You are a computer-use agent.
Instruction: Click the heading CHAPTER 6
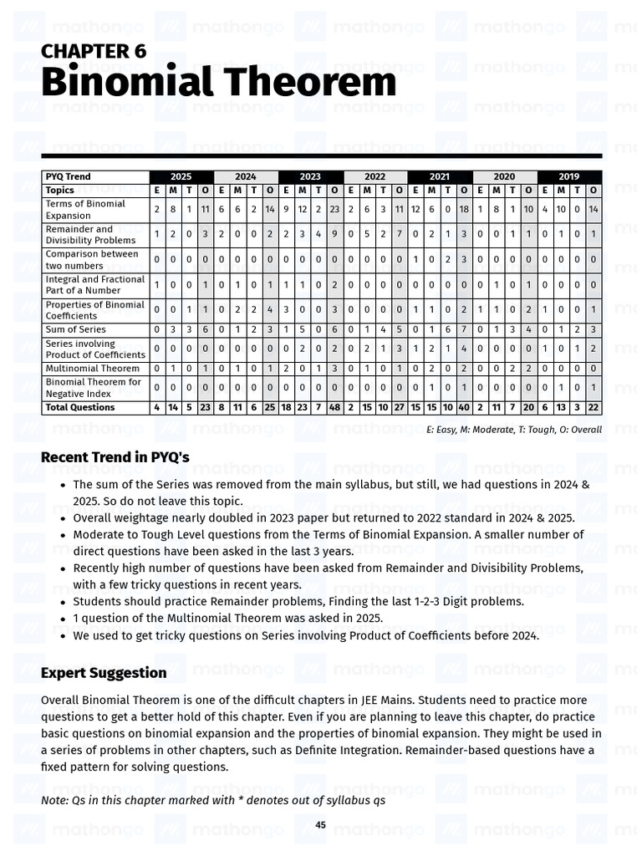(x=94, y=51)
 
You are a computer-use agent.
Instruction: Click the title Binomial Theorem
(x=218, y=83)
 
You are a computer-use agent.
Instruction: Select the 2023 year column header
(x=310, y=176)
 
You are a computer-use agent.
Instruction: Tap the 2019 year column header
(x=569, y=176)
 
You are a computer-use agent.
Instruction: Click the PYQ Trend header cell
(x=69, y=176)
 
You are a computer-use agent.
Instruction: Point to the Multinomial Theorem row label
(x=93, y=368)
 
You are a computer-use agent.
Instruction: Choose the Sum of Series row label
(x=76, y=329)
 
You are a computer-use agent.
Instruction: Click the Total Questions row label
(x=80, y=407)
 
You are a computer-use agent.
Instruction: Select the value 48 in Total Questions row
(x=334, y=407)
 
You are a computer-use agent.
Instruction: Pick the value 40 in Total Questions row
(x=464, y=407)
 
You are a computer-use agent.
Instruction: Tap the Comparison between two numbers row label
(x=92, y=259)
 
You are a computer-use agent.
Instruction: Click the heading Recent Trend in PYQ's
(x=115, y=457)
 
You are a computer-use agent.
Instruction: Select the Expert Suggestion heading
(x=104, y=673)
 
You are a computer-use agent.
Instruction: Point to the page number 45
(x=320, y=825)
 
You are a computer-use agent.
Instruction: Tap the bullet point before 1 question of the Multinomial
(x=63, y=619)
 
